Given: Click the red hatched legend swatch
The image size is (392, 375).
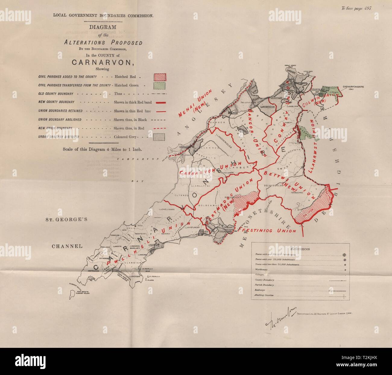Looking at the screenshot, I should [159, 77].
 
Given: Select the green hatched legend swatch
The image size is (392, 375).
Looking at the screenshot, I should [159, 85].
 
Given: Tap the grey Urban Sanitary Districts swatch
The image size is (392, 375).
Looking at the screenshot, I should [159, 137].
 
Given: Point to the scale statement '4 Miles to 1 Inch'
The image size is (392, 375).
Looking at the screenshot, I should [102, 149].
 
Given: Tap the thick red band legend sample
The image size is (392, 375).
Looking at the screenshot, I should [159, 103].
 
